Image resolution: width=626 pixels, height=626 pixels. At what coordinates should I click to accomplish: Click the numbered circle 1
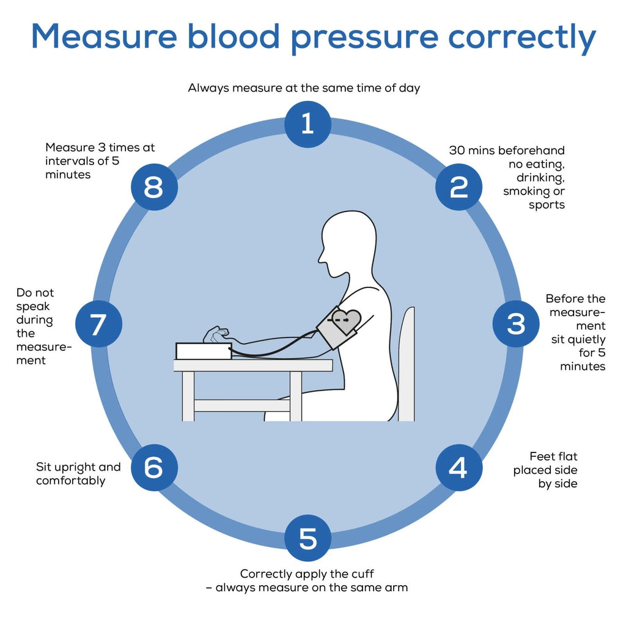307,124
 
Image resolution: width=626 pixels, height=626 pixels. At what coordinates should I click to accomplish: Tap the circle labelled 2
458,187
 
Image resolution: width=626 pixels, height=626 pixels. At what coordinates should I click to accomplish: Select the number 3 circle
516,324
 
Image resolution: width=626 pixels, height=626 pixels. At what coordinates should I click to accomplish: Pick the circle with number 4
458,468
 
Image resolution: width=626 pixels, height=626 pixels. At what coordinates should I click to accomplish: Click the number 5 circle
307,539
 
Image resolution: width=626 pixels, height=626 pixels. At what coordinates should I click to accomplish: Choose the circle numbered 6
153,468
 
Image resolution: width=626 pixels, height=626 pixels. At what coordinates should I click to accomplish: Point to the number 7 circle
98,324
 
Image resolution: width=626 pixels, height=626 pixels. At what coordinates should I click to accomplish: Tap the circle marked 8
153,187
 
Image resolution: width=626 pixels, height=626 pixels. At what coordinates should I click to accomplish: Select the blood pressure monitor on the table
204,350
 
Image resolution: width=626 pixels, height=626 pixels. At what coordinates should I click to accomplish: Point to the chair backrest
407,364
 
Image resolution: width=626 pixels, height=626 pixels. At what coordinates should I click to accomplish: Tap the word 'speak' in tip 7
33,306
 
